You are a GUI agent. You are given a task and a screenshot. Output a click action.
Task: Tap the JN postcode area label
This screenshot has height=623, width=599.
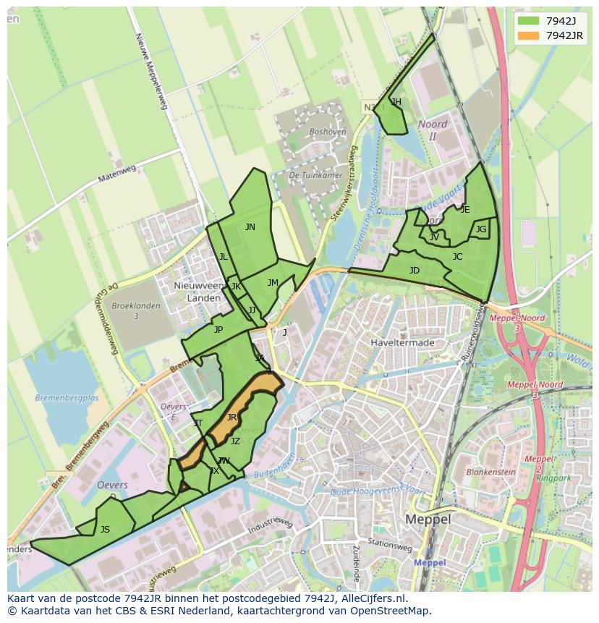pyautogui.click(x=250, y=227)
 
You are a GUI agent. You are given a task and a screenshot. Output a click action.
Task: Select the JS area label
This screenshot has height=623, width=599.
pyautogui.click(x=105, y=530)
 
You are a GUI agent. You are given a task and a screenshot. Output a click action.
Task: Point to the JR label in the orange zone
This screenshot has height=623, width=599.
pyautogui.click(x=231, y=418)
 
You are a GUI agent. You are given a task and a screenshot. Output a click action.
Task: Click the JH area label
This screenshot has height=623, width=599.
pyautogui.click(x=396, y=103)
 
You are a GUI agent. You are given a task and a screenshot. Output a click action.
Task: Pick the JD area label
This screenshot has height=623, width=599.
pyautogui.click(x=415, y=271)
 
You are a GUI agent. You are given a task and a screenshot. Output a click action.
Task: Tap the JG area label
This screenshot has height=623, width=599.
pyautogui.click(x=481, y=229)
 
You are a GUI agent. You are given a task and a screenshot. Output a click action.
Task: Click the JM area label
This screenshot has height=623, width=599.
pyautogui.click(x=273, y=283)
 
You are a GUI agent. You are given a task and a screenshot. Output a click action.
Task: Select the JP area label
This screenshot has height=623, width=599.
pyautogui.click(x=218, y=330)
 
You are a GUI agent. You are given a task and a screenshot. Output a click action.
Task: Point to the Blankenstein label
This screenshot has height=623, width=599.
pyautogui.click(x=491, y=472)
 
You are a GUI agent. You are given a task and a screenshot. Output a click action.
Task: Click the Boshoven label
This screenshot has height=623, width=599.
pyautogui.click(x=327, y=132)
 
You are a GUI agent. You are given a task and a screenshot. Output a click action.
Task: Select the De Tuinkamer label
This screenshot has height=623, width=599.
pyautogui.click(x=315, y=175)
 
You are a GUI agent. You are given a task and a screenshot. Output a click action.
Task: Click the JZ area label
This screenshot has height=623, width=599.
pyautogui.click(x=235, y=441)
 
